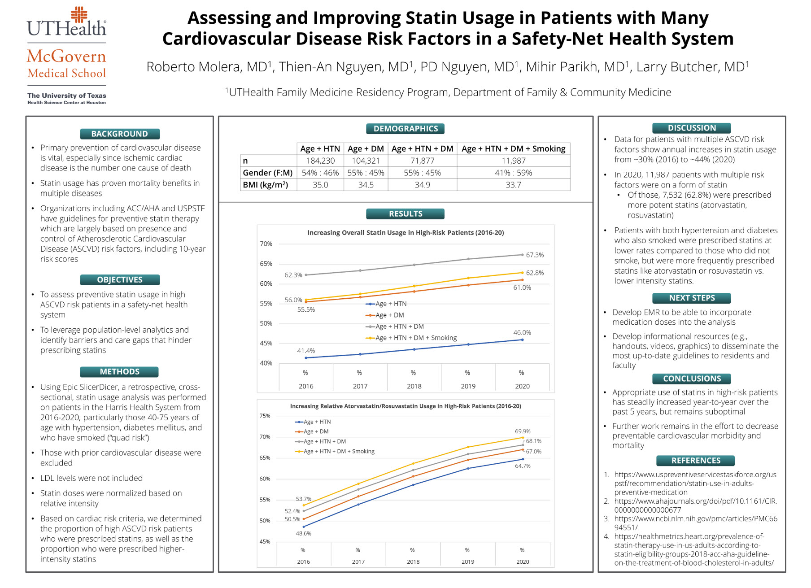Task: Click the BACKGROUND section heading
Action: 120,134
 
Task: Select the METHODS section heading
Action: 120,372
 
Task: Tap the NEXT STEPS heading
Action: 692,298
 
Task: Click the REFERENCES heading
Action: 696,461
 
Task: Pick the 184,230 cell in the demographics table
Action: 320,161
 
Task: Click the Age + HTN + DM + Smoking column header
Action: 513,149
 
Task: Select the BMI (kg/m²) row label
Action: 266,185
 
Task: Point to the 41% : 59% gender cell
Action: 513,173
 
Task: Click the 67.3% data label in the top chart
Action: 535,255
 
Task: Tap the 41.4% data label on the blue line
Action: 306,351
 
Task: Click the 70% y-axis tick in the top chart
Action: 266,244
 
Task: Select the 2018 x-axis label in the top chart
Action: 414,386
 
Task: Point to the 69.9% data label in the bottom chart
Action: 523,431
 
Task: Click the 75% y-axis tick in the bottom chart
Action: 265,416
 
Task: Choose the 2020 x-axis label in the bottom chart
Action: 523,562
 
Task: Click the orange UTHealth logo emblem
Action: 79,14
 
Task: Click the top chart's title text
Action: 405,233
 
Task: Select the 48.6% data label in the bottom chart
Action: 303,533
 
